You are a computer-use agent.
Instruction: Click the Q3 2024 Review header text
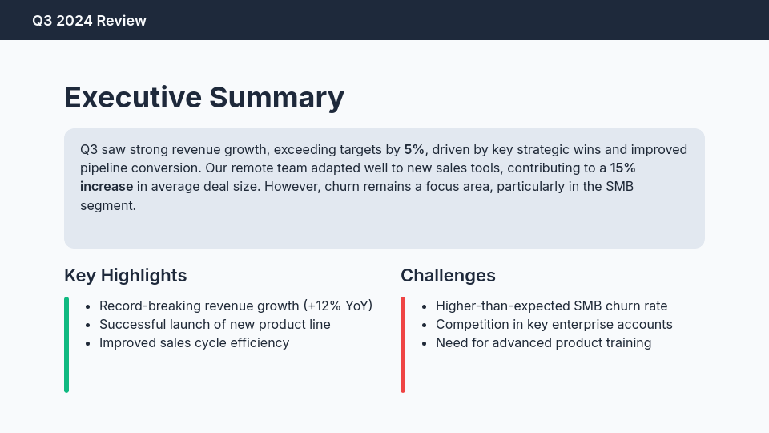pos(89,21)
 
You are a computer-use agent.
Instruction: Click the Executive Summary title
pos(203,97)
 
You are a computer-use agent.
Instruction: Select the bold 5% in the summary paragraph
pos(413,149)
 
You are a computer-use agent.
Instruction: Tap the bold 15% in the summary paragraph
pos(622,168)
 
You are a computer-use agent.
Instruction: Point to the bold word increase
pos(107,186)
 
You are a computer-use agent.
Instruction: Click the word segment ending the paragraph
pos(107,205)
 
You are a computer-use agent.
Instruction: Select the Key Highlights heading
pos(125,275)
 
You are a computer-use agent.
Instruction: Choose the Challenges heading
pos(448,275)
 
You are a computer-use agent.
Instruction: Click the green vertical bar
pos(66,345)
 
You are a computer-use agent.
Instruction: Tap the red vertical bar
pos(403,345)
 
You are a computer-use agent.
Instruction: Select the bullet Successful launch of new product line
pos(215,324)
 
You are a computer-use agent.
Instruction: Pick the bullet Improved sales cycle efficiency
pos(194,342)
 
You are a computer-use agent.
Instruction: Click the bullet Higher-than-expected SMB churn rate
pos(551,306)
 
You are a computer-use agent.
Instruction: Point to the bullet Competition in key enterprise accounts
pos(554,324)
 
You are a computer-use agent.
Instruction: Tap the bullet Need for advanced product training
pos(543,342)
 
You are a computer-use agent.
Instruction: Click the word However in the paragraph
pos(292,186)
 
